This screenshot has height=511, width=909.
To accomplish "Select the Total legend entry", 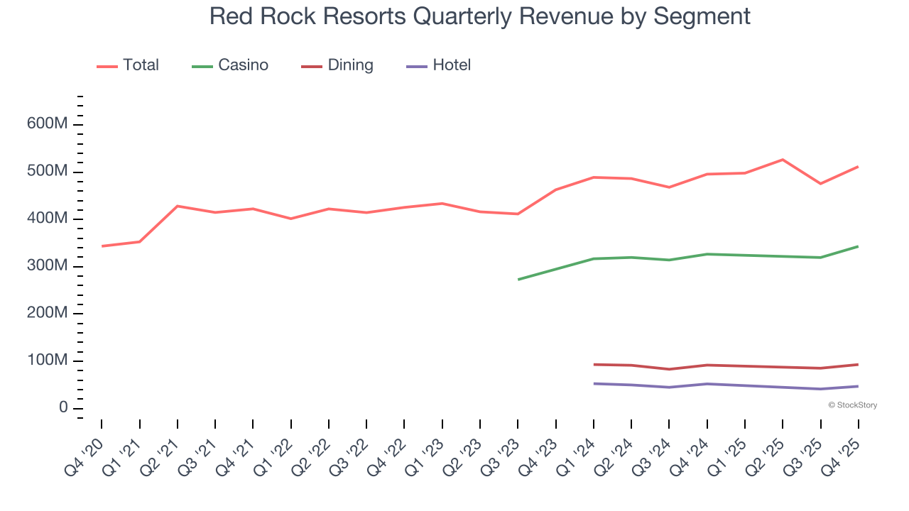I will [x=128, y=65].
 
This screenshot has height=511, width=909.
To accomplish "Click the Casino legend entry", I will [x=230, y=65].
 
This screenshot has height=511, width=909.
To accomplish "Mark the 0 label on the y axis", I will [x=63, y=408].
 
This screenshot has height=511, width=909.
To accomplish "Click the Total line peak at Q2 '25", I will [x=783, y=160].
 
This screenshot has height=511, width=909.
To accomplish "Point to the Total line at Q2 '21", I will [x=177, y=206].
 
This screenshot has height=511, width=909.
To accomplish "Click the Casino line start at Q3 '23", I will [x=518, y=279].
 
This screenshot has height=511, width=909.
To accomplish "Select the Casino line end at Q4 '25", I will [x=858, y=246].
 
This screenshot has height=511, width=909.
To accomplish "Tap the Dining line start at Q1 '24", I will [x=594, y=364].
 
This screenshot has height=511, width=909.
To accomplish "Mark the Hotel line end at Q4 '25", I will [x=858, y=386].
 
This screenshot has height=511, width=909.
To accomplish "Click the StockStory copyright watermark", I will [x=852, y=405].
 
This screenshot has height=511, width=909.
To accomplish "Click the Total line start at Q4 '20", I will [x=102, y=246].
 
